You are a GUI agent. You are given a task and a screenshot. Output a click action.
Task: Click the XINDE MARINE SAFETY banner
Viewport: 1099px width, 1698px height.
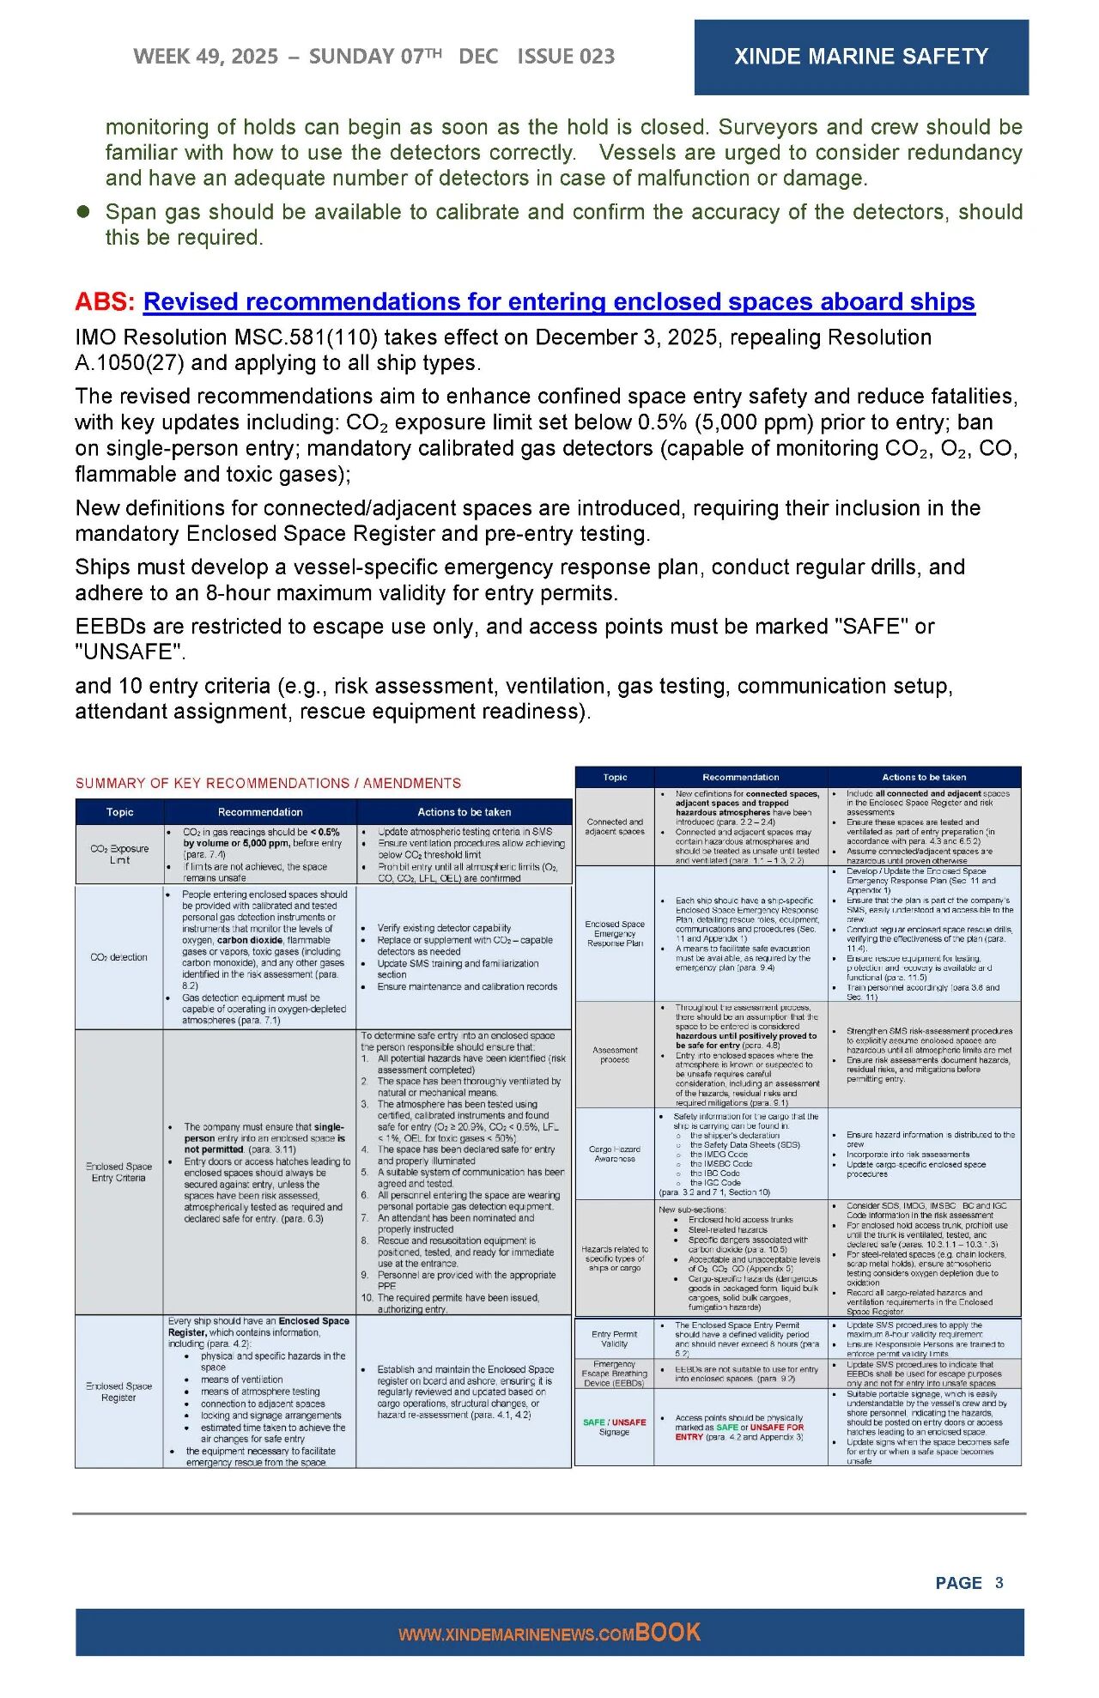point(860,57)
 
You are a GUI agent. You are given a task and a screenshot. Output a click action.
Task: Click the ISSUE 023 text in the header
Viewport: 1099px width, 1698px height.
point(566,57)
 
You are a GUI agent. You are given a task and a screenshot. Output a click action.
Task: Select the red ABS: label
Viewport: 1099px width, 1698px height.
point(105,302)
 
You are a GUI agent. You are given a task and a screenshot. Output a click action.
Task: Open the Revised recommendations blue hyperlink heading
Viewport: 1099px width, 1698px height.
point(559,302)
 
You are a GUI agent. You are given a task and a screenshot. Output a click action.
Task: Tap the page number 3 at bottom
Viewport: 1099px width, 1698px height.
point(999,1583)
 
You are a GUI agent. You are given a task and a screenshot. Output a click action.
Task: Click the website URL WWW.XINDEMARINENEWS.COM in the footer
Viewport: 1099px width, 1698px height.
point(515,1635)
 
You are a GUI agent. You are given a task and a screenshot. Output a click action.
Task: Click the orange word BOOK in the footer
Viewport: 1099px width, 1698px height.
point(668,1633)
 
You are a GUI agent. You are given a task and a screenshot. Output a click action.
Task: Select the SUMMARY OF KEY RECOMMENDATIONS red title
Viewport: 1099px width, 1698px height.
point(268,783)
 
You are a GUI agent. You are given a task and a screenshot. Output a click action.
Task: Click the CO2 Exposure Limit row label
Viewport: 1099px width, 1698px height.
point(119,854)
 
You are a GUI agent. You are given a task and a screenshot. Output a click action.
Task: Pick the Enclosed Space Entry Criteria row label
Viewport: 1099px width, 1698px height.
point(118,1172)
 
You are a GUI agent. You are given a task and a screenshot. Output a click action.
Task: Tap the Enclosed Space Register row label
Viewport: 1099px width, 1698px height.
point(118,1392)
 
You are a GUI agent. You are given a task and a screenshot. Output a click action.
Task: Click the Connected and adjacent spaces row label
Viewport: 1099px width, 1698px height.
point(615,826)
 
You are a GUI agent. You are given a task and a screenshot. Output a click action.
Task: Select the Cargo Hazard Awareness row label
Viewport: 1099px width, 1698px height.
point(615,1154)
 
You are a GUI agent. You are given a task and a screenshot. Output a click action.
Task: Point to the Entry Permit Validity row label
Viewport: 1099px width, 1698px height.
point(615,1338)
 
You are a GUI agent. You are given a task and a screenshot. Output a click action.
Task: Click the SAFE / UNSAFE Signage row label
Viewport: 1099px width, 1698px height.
point(615,1427)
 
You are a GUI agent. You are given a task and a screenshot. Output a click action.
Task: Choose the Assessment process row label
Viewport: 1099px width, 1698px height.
point(615,1054)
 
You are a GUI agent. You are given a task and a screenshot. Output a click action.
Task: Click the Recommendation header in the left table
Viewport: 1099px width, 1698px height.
point(260,812)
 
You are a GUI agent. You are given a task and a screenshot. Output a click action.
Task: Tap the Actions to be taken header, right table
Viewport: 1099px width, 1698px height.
point(924,777)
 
